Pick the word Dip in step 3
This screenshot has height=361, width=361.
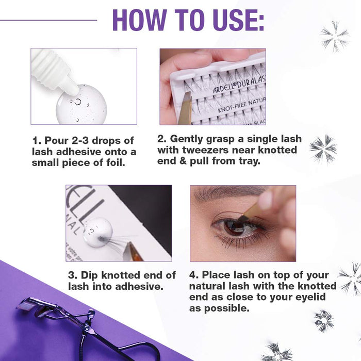pyautogui.click(x=90, y=275)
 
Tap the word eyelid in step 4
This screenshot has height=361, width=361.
pyautogui.click(x=318, y=297)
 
